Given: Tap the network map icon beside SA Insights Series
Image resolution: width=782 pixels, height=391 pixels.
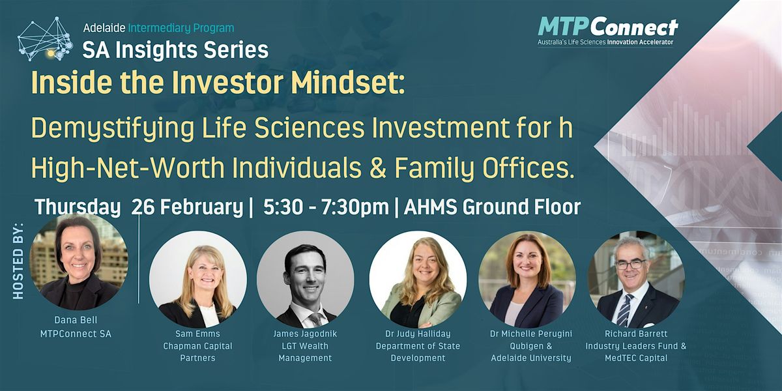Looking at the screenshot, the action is [x=46, y=39].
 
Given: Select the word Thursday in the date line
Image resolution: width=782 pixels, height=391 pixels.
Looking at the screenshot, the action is [x=77, y=207].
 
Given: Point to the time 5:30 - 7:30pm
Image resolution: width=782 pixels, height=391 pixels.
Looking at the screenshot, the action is [x=326, y=207].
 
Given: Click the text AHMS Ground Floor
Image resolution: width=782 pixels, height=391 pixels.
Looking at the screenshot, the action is [x=492, y=207].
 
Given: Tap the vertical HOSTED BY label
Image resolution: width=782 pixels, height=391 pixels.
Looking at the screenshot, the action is [x=18, y=260].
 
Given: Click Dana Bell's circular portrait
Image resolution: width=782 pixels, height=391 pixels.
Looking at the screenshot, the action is [x=79, y=262].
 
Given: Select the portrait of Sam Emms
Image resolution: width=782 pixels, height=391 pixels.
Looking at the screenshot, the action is [x=198, y=280].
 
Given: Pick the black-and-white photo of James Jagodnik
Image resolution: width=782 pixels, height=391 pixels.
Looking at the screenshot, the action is [x=306, y=280].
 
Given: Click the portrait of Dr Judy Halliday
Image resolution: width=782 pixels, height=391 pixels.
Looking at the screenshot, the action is [x=418, y=280].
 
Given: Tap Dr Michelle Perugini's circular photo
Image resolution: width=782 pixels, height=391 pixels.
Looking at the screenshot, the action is [x=527, y=280].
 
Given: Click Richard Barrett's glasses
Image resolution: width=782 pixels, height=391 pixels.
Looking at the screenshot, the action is [x=631, y=265].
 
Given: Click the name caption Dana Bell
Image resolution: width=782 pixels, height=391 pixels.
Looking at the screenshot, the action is [x=76, y=320].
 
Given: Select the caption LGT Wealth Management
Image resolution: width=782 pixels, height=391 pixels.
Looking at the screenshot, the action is [x=305, y=352].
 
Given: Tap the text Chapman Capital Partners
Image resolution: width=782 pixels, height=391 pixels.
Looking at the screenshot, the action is [x=197, y=352].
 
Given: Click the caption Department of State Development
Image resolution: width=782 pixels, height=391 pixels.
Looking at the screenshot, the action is [x=418, y=352].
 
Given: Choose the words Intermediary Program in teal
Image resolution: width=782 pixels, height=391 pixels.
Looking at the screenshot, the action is [x=181, y=28].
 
